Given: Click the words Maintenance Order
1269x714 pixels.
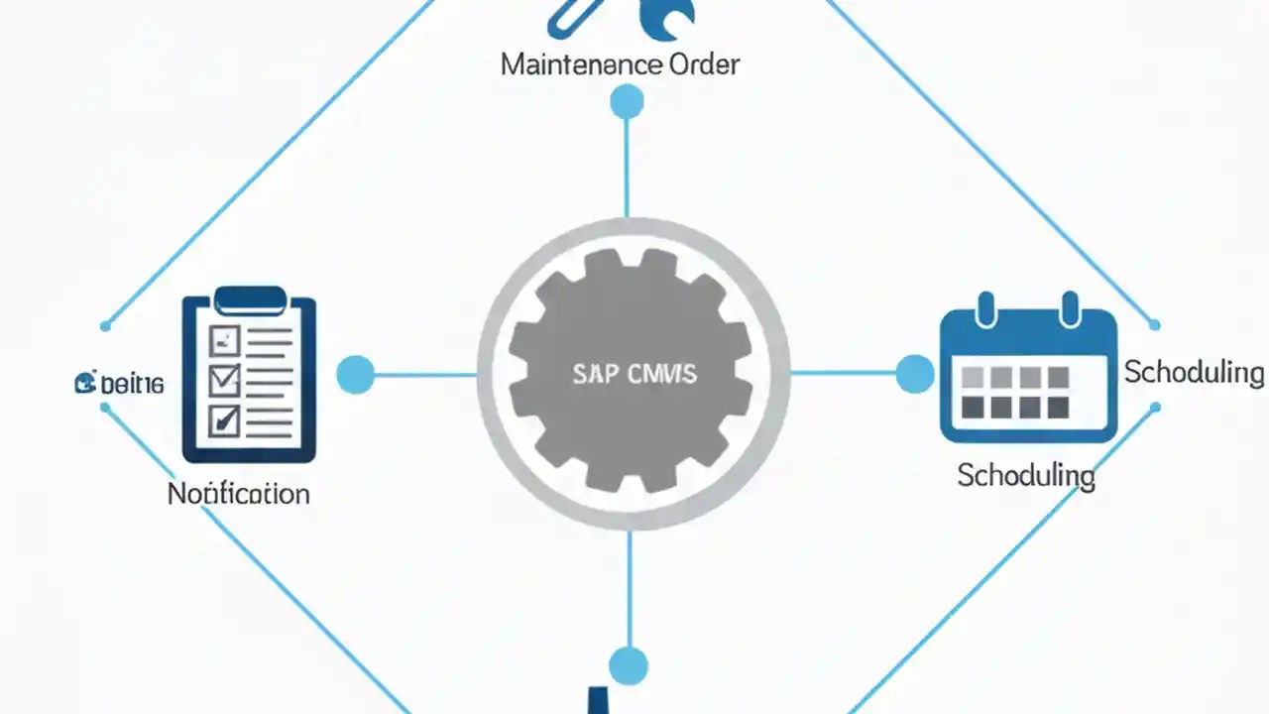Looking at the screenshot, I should coord(620,65).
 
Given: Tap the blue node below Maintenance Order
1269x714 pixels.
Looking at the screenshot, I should coord(627,101).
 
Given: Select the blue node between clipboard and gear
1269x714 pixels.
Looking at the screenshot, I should coord(355,375).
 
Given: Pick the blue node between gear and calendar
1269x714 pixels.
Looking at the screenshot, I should coord(914,374).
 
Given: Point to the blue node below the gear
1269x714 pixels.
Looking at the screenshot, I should coord(629,665).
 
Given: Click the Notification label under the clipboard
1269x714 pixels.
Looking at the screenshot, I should coord(239,493).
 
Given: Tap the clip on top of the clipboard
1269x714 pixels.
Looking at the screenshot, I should coord(249,297).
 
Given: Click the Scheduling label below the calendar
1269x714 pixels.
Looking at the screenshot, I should coord(1026,475).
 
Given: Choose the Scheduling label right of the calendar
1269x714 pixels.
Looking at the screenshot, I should coord(1194,373).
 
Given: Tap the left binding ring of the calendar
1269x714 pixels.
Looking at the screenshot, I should coord(985,308).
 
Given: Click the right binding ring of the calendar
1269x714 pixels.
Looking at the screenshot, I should coord(1070,308).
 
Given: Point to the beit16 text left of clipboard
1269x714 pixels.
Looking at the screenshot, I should coord(120,384).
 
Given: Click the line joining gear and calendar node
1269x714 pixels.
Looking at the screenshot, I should coord(843,374).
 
